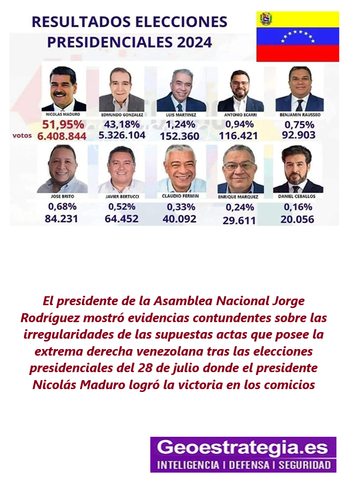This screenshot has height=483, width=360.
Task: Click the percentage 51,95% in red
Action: coord(63,125)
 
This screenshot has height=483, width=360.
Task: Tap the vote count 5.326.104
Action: coord(122,135)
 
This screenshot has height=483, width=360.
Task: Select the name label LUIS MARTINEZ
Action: coord(181,115)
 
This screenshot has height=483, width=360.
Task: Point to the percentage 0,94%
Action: coord(239,125)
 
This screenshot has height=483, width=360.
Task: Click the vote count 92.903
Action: coord(298,135)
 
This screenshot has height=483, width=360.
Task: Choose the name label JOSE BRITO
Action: coord(63,196)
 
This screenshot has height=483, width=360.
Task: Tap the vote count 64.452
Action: coord(122,219)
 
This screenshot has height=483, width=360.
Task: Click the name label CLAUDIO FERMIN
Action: coord(180,196)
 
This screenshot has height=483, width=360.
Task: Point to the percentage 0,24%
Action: coord(240,208)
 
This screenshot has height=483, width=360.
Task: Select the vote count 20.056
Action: coord(297,219)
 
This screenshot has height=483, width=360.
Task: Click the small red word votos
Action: coord(22,135)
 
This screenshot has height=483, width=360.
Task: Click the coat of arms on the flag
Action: coord(266,19)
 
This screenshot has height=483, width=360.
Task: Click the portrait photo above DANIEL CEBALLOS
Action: coord(297,169)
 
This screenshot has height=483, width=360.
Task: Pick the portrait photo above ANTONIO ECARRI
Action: coord(240,91)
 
